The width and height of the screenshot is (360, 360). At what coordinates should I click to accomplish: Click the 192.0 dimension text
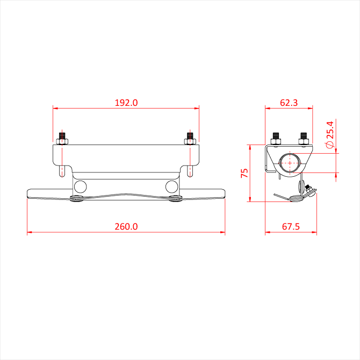click(126, 103)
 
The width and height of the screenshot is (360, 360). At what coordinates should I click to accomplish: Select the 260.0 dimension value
click(126, 227)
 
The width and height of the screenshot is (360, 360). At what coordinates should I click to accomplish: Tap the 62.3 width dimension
click(289, 103)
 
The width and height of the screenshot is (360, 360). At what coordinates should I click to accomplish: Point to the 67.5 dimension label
click(291, 227)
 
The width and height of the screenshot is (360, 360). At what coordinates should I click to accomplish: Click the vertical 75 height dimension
click(244, 173)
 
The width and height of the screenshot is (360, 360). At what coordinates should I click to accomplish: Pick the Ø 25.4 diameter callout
click(330, 135)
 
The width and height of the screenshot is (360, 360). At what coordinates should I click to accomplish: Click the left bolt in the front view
click(62, 138)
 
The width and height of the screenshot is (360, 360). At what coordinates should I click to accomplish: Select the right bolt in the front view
click(190, 138)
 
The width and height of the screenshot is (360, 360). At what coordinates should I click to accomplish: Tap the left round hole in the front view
click(81, 186)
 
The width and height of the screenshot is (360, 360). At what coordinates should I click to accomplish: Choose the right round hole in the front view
click(172, 186)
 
